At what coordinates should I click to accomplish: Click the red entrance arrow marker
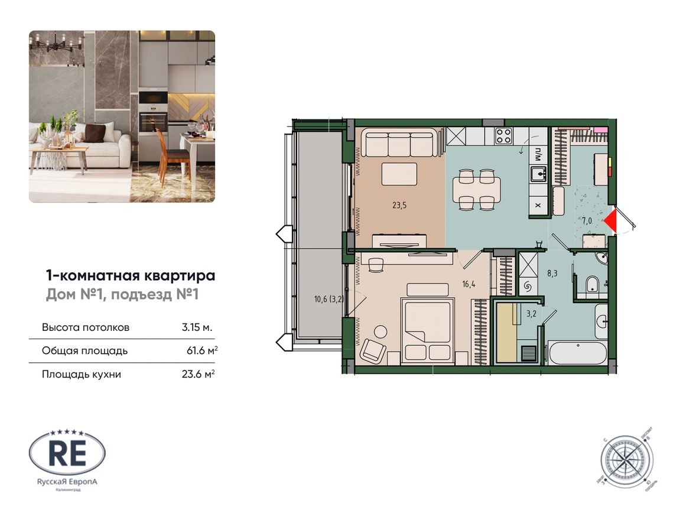[x=610, y=221]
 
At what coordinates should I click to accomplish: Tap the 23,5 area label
[x=400, y=206]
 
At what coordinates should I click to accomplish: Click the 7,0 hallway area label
[x=587, y=221]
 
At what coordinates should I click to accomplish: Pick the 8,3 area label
[x=551, y=273]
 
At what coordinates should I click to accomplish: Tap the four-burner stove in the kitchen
[x=503, y=136]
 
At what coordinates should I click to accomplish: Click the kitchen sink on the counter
[x=538, y=174]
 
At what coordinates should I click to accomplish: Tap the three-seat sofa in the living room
[x=402, y=143]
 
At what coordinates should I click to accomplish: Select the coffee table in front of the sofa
[x=399, y=174]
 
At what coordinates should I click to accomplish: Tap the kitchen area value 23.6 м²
[x=199, y=374]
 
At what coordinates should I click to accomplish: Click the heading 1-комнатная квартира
[x=130, y=275]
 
